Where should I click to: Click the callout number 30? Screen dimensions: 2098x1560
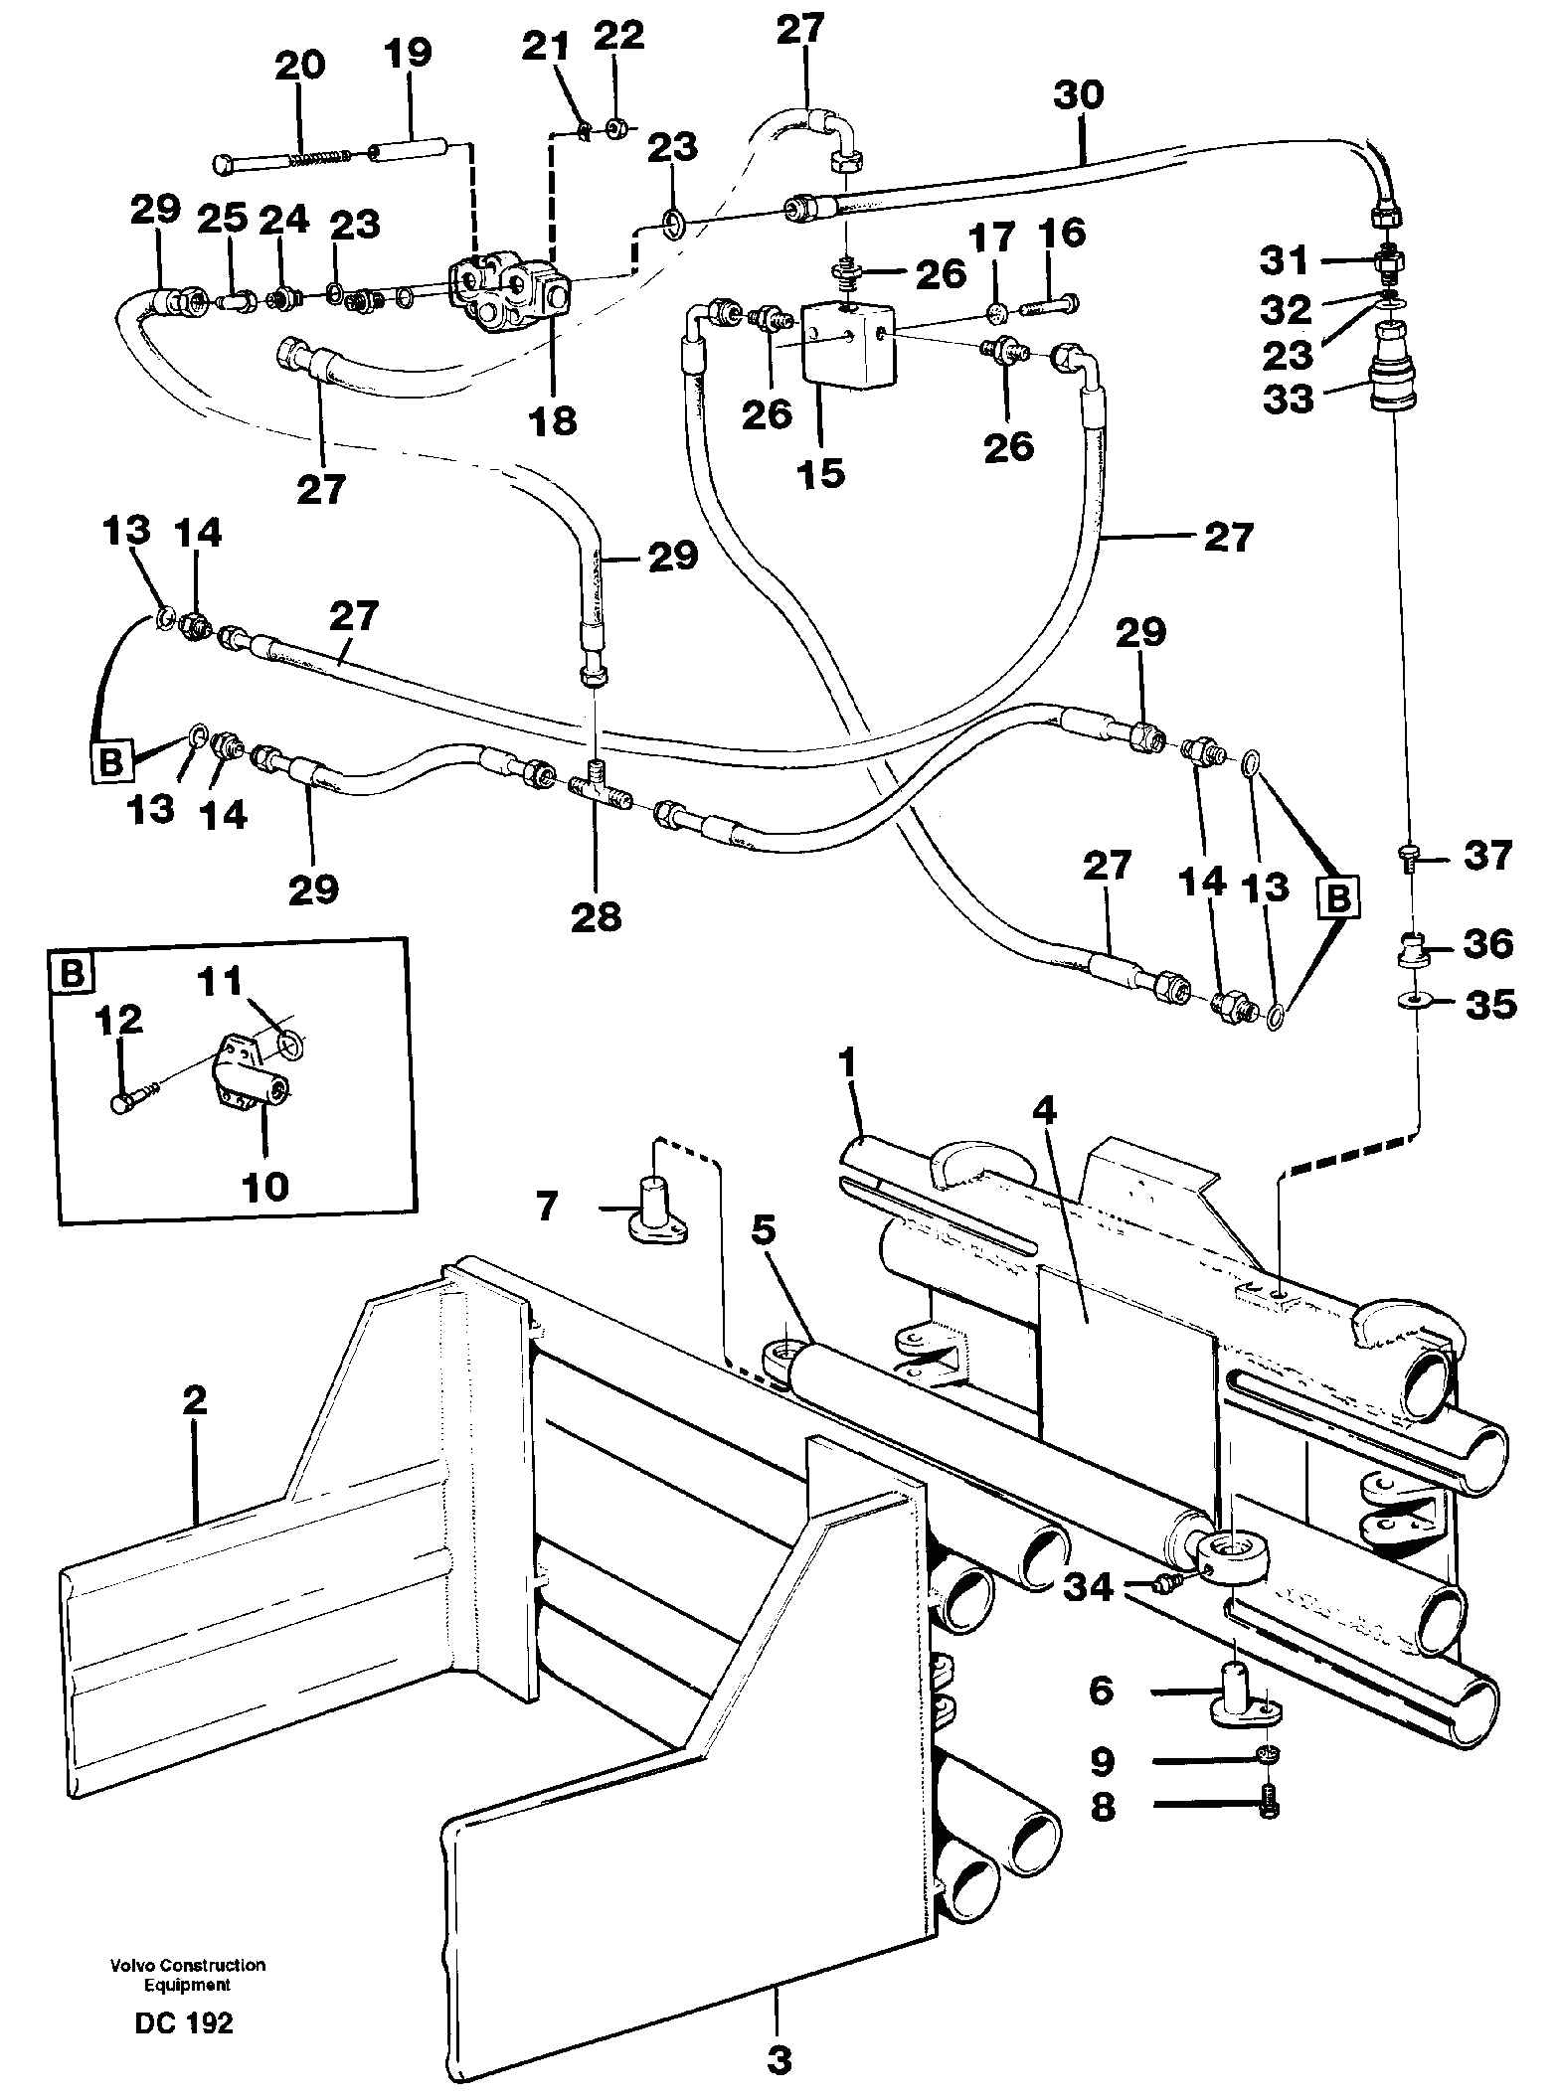pyautogui.click(x=1079, y=96)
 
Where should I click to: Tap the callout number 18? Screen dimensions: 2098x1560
pyautogui.click(x=553, y=420)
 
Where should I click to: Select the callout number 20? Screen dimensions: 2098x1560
pyautogui.click(x=300, y=67)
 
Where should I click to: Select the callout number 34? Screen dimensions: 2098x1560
pyautogui.click(x=1089, y=1587)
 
